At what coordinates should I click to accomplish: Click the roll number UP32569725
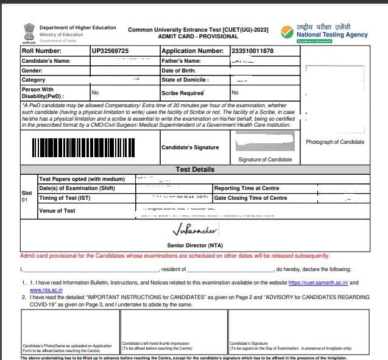pyautogui.click(x=110, y=51)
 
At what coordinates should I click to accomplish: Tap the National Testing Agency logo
pyautogui.click(x=325, y=31)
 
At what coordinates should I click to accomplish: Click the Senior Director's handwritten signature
pyautogui.click(x=194, y=231)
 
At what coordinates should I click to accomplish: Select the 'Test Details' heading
pyautogui.click(x=194, y=169)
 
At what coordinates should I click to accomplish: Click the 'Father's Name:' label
pyautogui.click(x=181, y=61)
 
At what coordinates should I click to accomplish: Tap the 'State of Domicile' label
pyautogui.click(x=185, y=80)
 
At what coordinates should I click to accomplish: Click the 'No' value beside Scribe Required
pyautogui.click(x=235, y=93)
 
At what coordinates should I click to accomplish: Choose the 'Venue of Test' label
pyautogui.click(x=57, y=211)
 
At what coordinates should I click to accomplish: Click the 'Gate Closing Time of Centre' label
pyautogui.click(x=250, y=198)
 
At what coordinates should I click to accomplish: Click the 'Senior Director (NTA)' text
pyautogui.click(x=194, y=245)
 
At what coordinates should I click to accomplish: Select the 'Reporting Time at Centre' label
pyautogui.click(x=247, y=188)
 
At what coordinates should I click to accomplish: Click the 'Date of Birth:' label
pyautogui.click(x=180, y=71)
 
